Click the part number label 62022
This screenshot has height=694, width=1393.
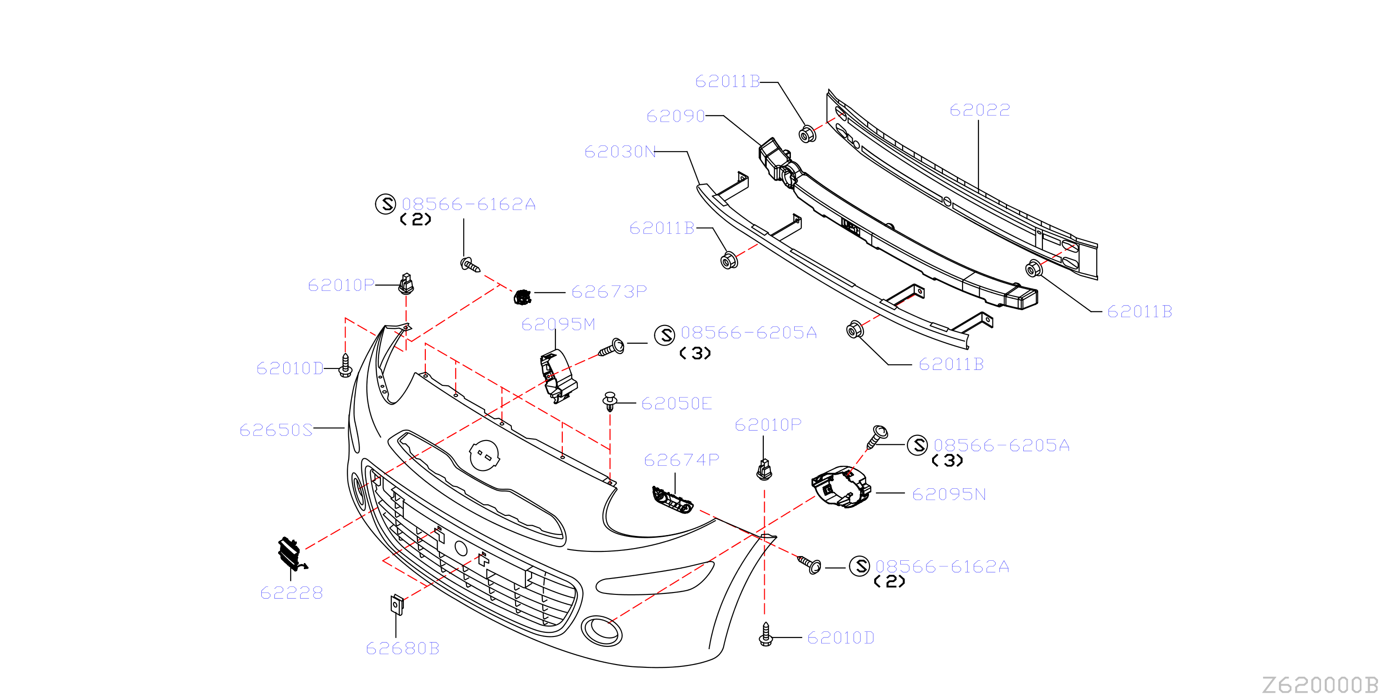(979, 110)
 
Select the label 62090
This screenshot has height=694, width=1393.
(676, 116)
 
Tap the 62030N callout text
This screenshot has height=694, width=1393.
(620, 152)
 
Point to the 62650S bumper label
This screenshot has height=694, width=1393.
(276, 430)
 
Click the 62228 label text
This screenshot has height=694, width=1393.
(292, 593)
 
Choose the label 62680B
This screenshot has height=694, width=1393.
(402, 648)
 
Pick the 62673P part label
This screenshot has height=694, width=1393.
(609, 292)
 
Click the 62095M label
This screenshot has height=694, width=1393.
(558, 325)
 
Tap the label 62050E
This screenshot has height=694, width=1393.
(676, 404)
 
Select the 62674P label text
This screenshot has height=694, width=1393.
(682, 460)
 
